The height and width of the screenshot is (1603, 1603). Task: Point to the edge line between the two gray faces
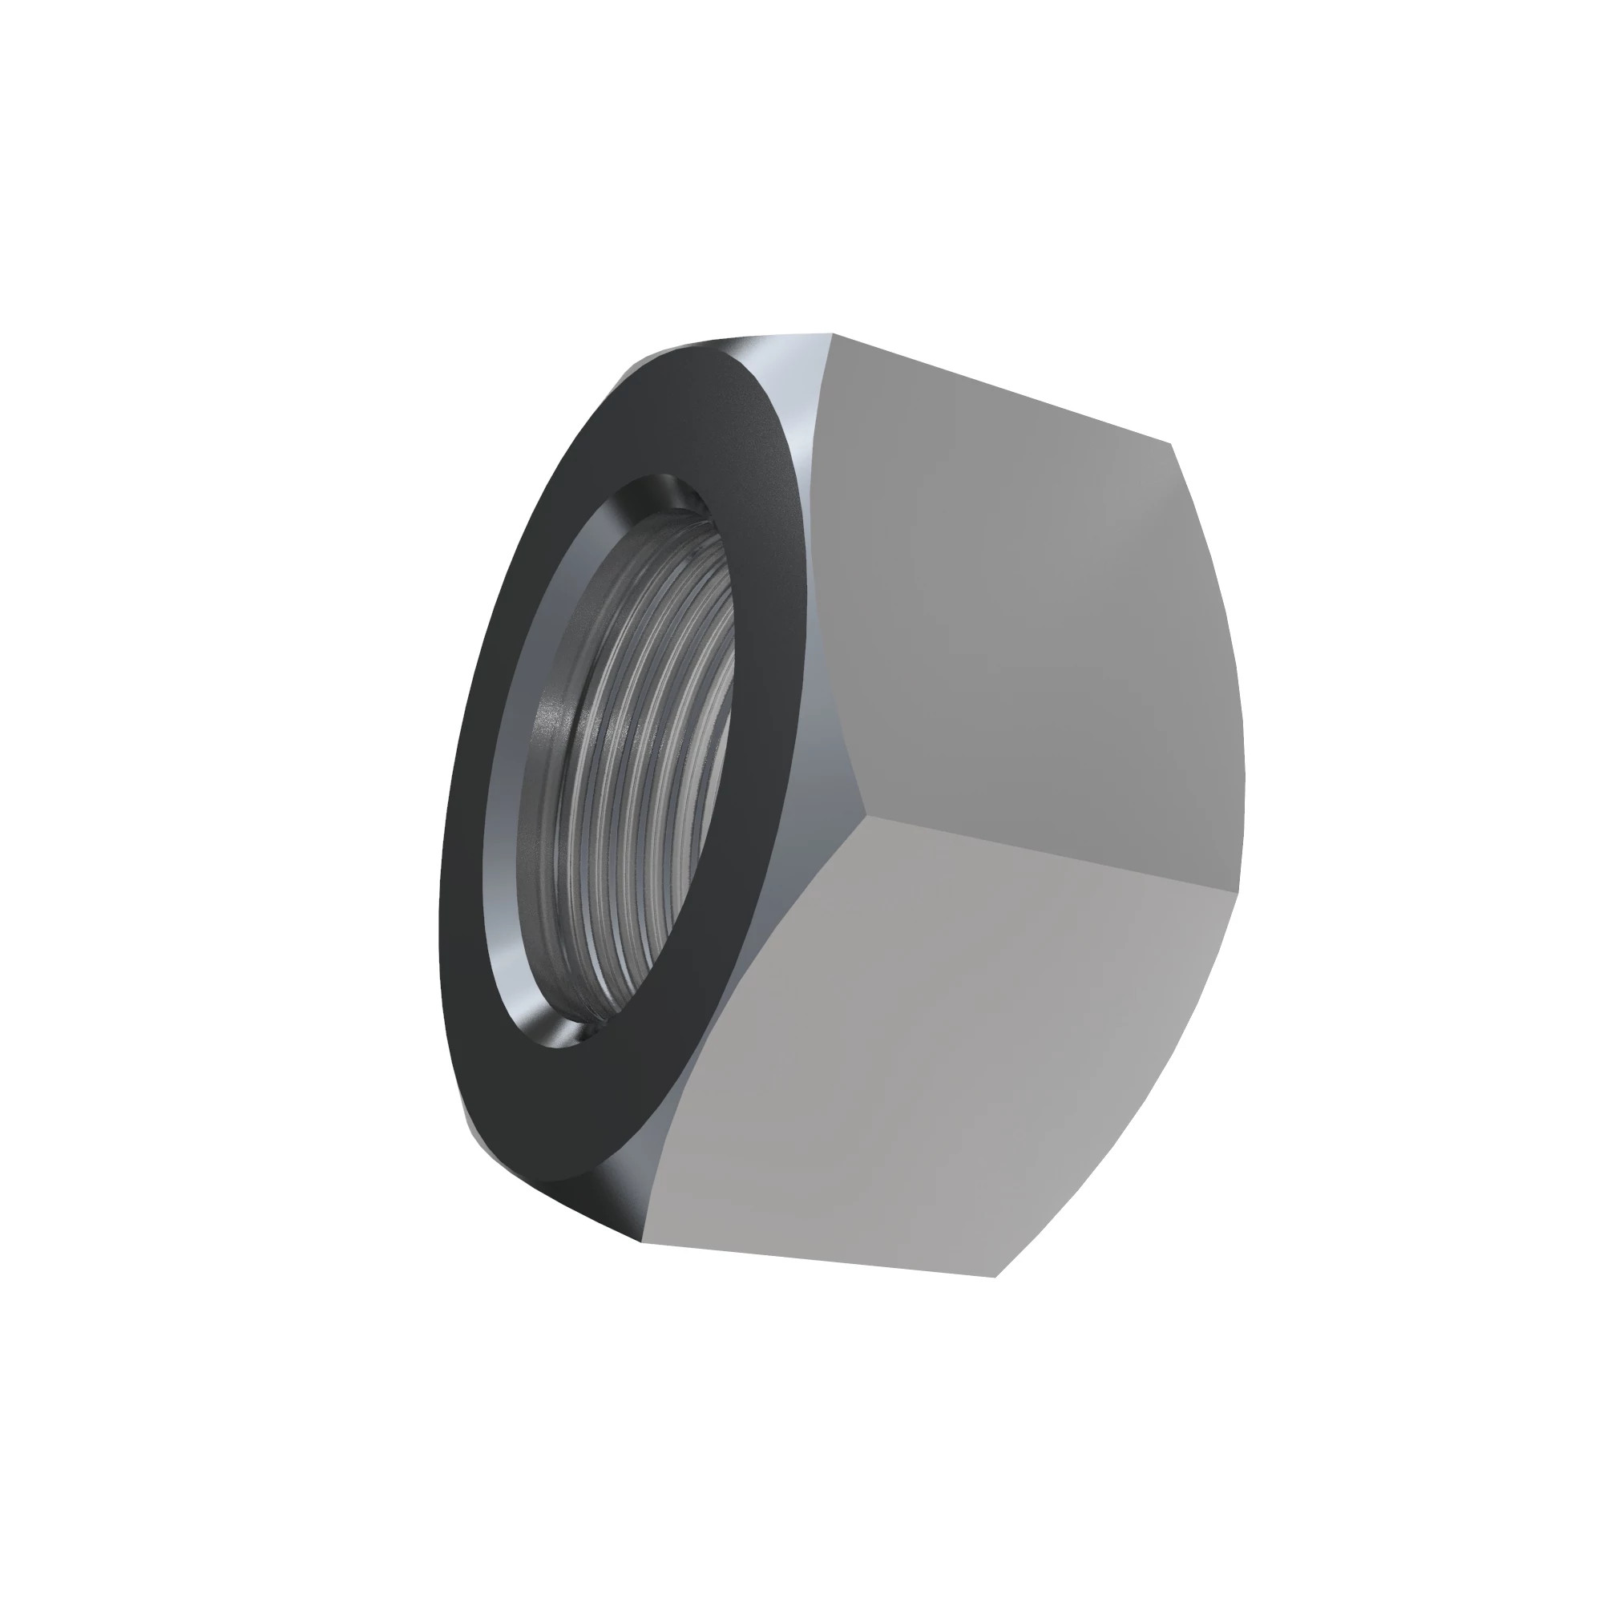(1045, 853)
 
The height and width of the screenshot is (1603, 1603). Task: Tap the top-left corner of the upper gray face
(833, 334)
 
